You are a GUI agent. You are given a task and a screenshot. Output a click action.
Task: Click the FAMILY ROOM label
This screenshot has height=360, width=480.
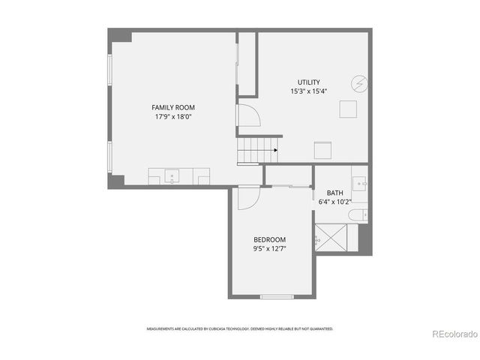(173, 108)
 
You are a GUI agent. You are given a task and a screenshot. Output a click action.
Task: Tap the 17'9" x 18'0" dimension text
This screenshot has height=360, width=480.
(173, 117)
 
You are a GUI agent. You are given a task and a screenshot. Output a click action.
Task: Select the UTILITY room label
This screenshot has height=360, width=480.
(309, 82)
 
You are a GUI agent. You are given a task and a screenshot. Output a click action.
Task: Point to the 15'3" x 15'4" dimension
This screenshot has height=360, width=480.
(309, 91)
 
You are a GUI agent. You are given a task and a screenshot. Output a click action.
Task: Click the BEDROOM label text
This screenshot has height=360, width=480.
(269, 239)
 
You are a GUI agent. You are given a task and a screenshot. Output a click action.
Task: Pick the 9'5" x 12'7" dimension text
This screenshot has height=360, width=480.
(269, 248)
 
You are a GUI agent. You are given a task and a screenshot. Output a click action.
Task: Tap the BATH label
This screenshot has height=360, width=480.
(334, 193)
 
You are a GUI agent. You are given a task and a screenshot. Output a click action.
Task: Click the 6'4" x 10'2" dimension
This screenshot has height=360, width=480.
(334, 202)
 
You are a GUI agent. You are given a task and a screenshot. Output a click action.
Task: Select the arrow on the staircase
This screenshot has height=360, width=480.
(275, 150)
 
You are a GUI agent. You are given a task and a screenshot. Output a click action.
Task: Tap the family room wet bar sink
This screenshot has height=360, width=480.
(172, 177)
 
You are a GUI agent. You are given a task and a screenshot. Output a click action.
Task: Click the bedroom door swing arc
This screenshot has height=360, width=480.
(248, 198)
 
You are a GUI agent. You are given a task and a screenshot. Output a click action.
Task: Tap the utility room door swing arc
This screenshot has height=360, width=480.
(249, 115)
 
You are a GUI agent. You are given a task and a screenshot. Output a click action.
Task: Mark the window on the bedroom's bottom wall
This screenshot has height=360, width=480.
(276, 297)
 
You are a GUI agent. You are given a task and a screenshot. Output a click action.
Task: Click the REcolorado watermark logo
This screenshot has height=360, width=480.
(452, 334)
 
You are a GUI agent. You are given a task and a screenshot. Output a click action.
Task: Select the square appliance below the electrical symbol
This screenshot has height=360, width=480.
(348, 109)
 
